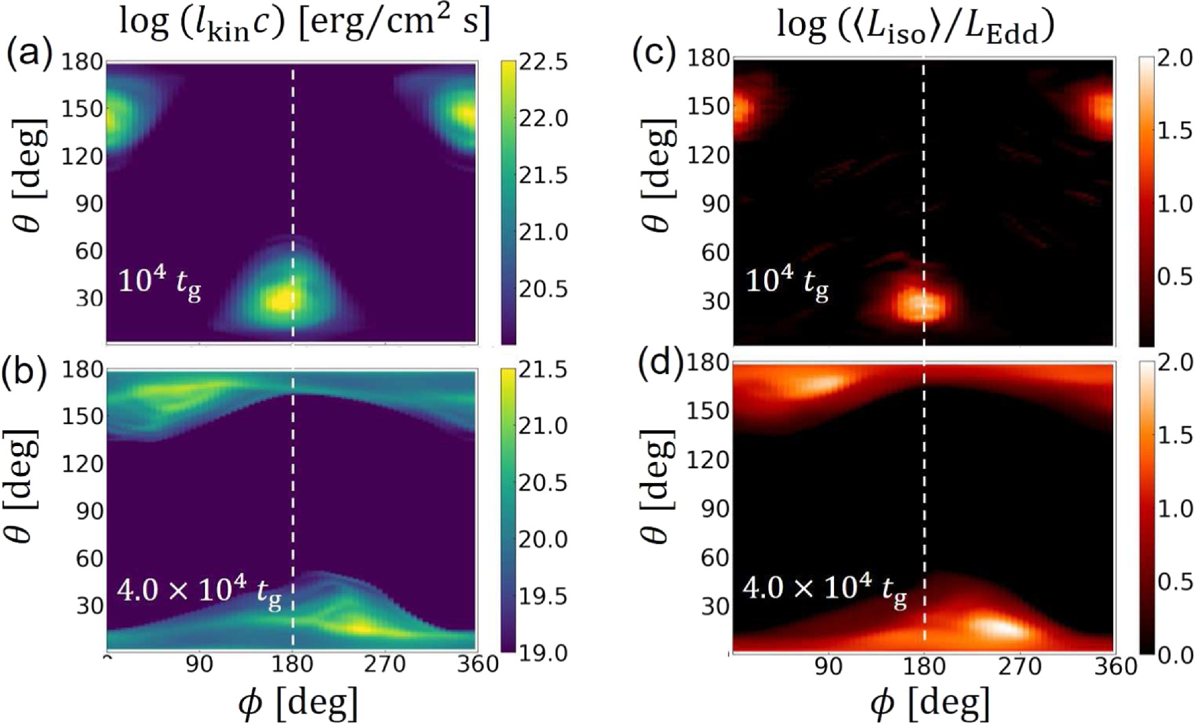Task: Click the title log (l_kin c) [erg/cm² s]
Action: point(305,23)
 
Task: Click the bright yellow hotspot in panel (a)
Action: point(281,300)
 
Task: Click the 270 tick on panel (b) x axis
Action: point(386,664)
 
